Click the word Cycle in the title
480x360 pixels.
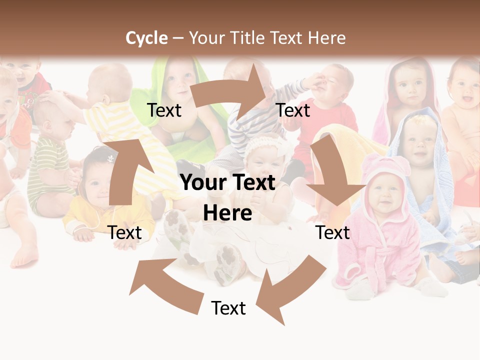coord(146,38)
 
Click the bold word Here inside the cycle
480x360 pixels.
coord(227,213)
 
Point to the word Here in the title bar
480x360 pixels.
coord(326,38)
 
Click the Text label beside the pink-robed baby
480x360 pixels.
coord(333,232)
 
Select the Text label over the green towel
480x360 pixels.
coord(164,110)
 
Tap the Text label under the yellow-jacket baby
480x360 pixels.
coord(124,232)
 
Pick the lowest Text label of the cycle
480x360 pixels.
coord(228,308)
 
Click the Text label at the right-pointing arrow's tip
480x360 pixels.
coord(293,110)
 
